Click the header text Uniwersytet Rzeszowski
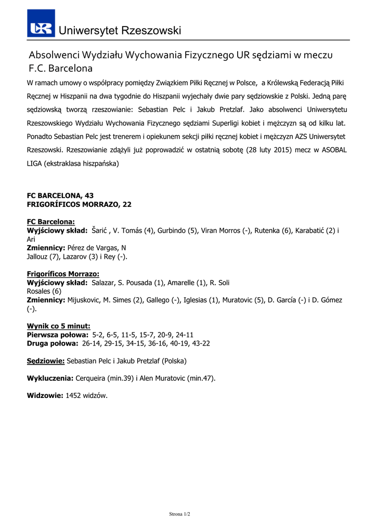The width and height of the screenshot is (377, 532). (120, 31)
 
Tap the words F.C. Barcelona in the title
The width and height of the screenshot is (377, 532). (60, 68)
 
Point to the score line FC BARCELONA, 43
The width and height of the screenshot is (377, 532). (60, 195)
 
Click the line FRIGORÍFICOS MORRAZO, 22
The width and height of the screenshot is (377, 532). (79, 205)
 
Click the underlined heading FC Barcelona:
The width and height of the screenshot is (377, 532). (50, 221)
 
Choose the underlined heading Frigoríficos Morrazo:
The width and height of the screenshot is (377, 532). (63, 274)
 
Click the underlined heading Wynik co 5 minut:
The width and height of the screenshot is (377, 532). (58, 326)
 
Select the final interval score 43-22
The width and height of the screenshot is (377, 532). (200, 343)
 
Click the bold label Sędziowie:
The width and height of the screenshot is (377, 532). (46, 361)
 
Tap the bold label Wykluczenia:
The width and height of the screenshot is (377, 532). (50, 378)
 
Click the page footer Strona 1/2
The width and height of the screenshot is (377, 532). (180, 514)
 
